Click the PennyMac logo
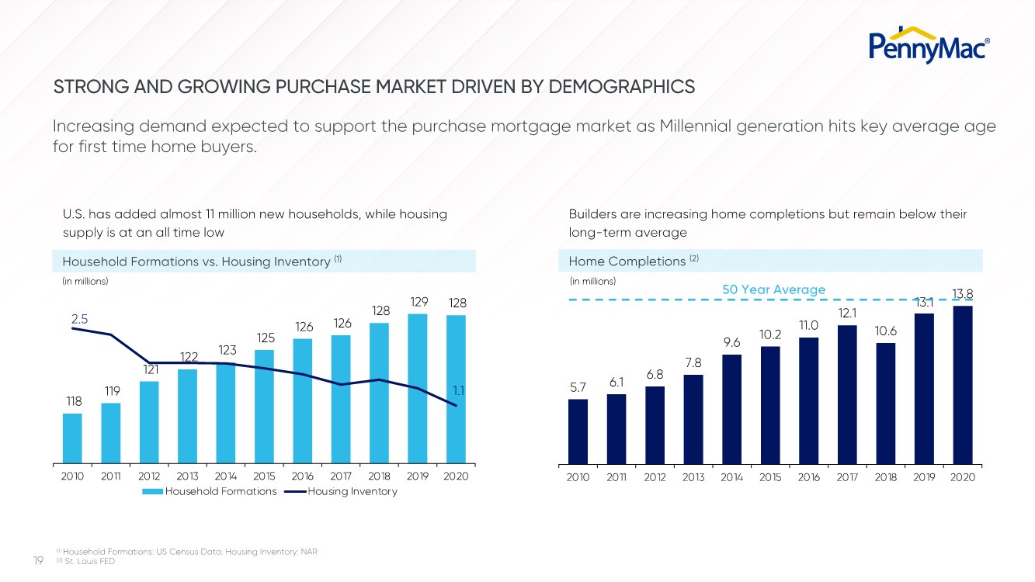(929, 45)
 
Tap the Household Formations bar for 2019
(417, 388)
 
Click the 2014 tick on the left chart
(225, 476)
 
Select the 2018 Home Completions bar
(885, 403)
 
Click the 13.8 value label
(961, 293)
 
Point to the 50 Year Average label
(773, 289)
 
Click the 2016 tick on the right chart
(808, 477)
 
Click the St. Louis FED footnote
(89, 561)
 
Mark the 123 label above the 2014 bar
(226, 349)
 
